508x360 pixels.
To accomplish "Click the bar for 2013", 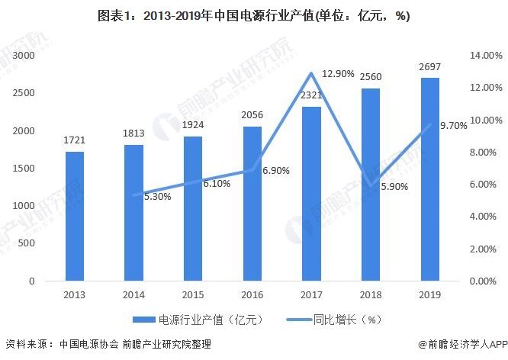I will pyautogui.click(x=75, y=217).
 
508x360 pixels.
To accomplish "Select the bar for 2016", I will pyautogui.click(x=252, y=204).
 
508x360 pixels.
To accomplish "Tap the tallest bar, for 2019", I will pyautogui.click(x=429, y=179).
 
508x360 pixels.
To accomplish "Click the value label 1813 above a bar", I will pyautogui.click(x=133, y=134).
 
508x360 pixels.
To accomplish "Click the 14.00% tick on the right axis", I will pyautogui.click(x=487, y=56).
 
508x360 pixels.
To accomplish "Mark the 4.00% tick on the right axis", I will pyautogui.click(x=487, y=217).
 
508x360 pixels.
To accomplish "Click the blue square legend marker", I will pyautogui.click(x=146, y=320).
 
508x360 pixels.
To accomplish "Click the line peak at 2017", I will pyautogui.click(x=311, y=73).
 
